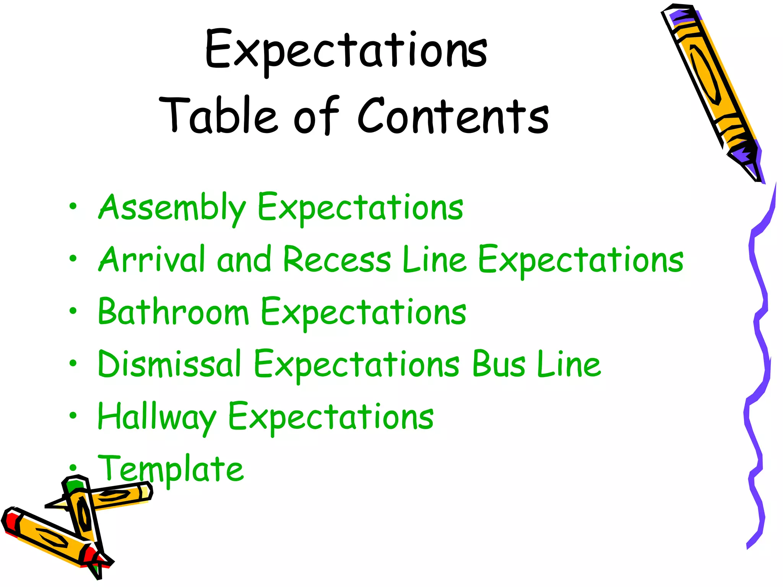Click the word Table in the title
[218, 115]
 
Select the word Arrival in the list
[152, 259]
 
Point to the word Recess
[337, 259]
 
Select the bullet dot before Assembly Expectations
[73, 207]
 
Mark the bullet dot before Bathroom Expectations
[73, 311]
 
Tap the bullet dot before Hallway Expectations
[73, 415]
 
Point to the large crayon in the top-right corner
[711, 88]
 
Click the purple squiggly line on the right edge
[759, 363]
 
